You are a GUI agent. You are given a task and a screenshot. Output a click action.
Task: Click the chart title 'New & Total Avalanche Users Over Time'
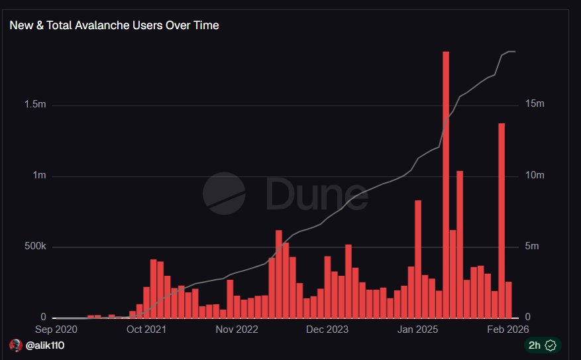click(x=114, y=26)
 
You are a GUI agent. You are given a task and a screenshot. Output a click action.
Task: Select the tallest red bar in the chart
click(x=446, y=184)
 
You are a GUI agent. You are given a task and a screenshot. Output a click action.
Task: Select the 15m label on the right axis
click(x=535, y=105)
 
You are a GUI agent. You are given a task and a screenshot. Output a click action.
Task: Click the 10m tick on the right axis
click(x=535, y=176)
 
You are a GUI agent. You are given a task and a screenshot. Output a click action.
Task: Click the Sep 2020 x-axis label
click(x=56, y=329)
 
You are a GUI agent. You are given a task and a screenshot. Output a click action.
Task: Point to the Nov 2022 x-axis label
click(x=237, y=329)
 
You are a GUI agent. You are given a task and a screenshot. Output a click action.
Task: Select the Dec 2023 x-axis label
click(x=327, y=329)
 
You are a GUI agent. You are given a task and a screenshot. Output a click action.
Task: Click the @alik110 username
click(x=46, y=345)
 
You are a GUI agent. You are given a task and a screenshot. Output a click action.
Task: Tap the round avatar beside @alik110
click(x=16, y=345)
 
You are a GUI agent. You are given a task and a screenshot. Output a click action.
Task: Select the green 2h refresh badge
click(x=543, y=345)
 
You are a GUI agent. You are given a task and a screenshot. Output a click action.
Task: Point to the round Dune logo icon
click(x=223, y=194)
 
